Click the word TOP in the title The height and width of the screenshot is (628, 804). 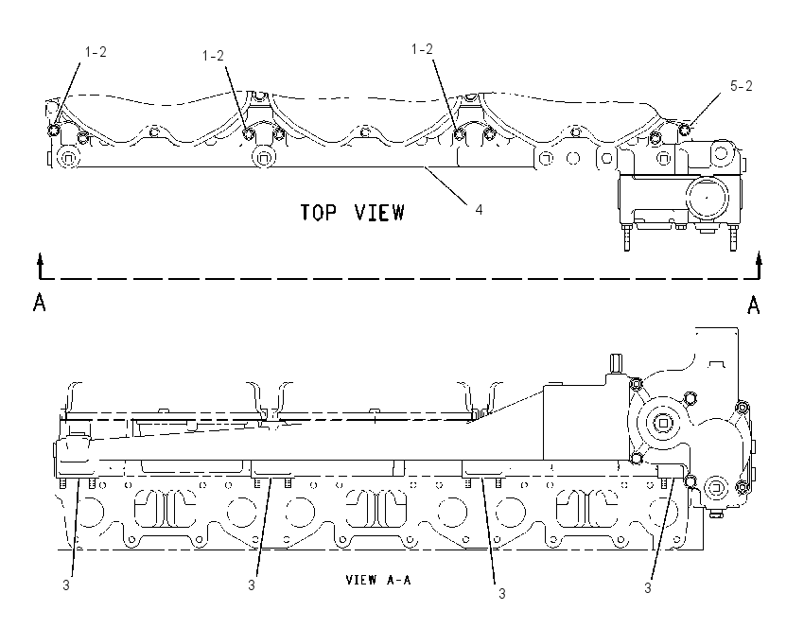(x=318, y=212)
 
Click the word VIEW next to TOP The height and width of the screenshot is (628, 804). (x=379, y=212)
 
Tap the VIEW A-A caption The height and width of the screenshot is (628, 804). (x=378, y=580)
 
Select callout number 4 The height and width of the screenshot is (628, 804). (x=479, y=209)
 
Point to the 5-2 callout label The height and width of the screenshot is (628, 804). (x=741, y=86)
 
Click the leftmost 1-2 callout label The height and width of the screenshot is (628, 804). (x=96, y=52)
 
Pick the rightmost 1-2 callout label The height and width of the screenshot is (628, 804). (x=422, y=49)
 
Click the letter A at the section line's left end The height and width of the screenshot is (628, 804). (x=40, y=303)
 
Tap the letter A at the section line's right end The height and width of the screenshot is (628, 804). (x=753, y=305)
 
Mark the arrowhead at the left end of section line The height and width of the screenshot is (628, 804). (x=40, y=258)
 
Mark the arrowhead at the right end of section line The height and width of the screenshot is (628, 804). (x=760, y=258)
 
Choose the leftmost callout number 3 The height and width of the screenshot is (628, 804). (x=66, y=584)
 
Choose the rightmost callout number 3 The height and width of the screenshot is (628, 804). (x=648, y=588)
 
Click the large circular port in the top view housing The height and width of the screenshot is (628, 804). (x=708, y=198)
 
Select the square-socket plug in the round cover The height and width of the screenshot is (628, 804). (x=663, y=423)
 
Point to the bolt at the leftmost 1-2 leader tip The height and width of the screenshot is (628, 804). (x=53, y=130)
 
